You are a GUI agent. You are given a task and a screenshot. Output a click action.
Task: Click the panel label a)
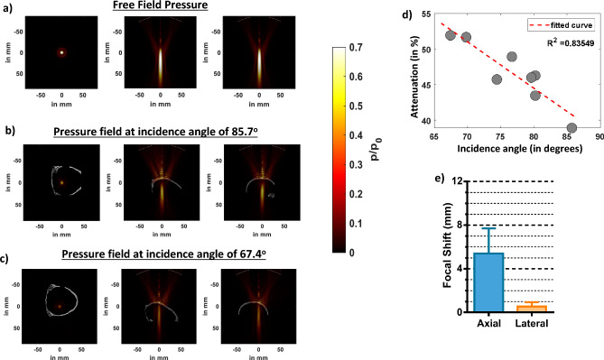[x=9, y=8]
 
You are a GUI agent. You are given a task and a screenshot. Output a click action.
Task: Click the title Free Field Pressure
[x=163, y=7]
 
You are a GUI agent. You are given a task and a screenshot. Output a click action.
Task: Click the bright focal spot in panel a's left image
[x=61, y=52]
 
